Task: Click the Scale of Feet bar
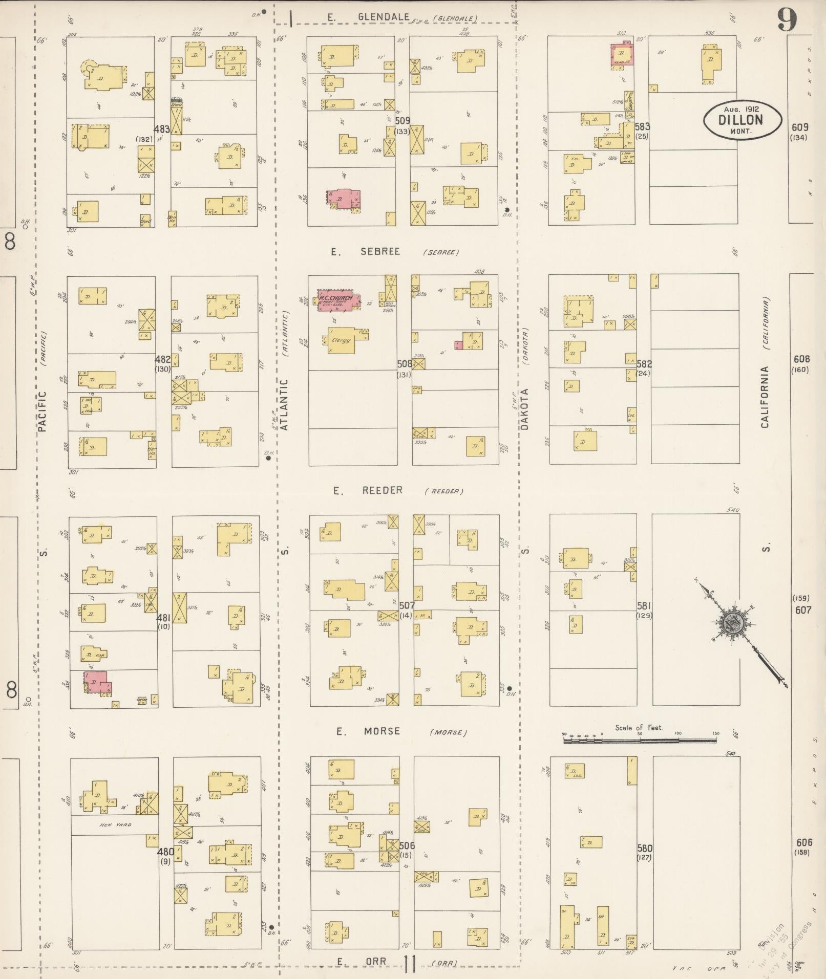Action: (640, 740)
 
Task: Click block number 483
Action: (162, 130)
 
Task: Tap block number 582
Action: (644, 364)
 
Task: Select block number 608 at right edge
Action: (801, 359)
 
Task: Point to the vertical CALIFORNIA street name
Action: (765, 397)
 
